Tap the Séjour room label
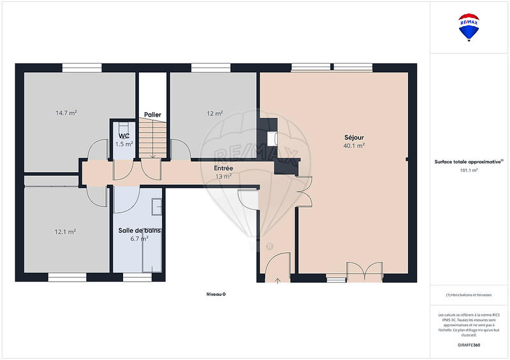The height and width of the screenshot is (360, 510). [354, 137]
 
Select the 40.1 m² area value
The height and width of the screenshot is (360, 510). [354, 145]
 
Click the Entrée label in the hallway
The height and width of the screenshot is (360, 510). [223, 168]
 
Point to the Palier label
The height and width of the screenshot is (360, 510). [152, 115]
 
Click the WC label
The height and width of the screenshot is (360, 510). [124, 136]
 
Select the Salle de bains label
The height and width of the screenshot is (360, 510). [139, 230]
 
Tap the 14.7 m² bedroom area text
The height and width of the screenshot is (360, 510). [66, 113]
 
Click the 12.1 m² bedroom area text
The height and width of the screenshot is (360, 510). [65, 231]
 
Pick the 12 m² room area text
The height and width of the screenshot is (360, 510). [214, 113]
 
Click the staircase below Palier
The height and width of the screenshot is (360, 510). [152, 139]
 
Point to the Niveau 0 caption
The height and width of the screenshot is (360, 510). [216, 294]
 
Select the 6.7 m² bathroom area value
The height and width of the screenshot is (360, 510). [139, 238]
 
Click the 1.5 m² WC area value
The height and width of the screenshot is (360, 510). [124, 144]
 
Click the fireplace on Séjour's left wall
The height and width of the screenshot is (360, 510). [273, 138]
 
